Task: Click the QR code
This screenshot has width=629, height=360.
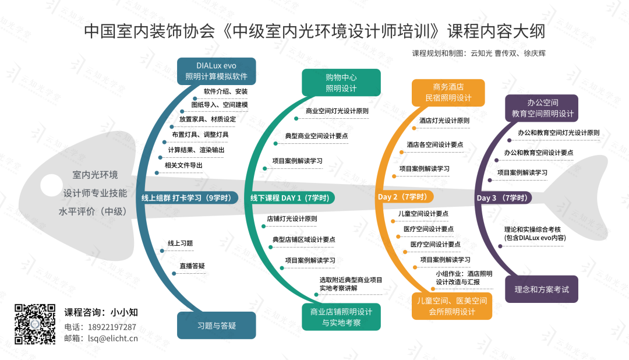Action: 35,324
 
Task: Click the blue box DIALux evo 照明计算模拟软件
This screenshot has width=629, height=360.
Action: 216,70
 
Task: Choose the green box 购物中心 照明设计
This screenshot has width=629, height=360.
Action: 341,83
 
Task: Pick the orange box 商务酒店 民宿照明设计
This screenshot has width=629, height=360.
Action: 448,92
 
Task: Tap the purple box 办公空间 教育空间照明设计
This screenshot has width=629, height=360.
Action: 542,108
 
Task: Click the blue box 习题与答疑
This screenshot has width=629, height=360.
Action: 216,326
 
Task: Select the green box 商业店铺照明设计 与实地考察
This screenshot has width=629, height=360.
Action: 341,316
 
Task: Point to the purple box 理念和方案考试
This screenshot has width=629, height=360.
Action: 541,289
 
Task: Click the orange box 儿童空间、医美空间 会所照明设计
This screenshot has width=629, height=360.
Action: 451,306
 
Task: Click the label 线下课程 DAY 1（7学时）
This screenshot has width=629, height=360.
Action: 289,198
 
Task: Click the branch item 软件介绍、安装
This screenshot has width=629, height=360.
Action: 225,91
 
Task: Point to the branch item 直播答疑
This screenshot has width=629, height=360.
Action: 192,266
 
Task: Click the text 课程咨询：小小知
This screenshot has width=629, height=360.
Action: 101,312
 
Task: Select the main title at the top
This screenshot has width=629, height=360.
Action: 314,31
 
